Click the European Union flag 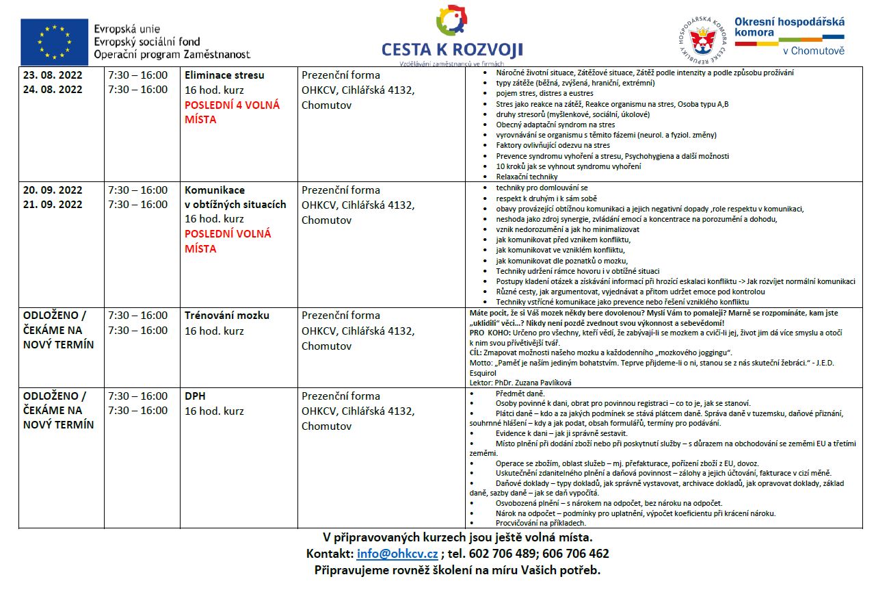(54, 42)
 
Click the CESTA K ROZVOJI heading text (452, 50)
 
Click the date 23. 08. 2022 (53, 75)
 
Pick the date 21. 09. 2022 (53, 204)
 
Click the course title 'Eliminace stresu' (224, 75)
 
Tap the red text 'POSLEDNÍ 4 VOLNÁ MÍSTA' (232, 112)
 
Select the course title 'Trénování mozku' (227, 316)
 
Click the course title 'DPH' (195, 396)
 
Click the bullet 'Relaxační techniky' (527, 177)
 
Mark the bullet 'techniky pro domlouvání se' (542, 187)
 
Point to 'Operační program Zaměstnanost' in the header (172, 54)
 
